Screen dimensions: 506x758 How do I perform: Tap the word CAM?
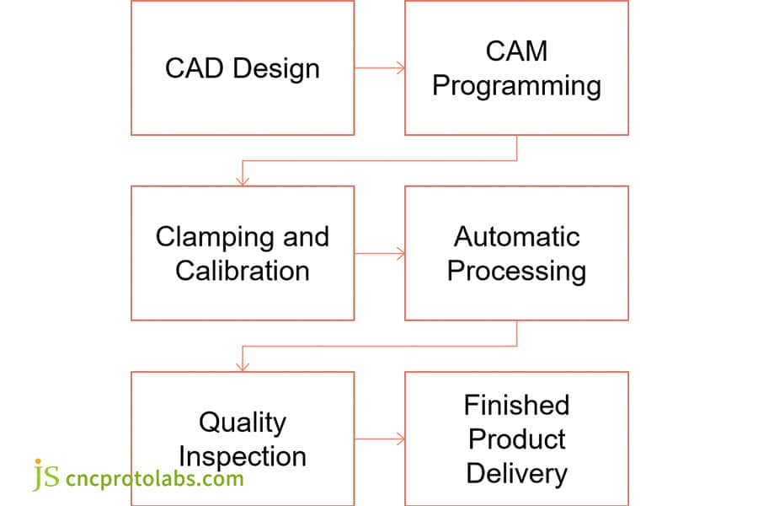pyautogui.click(x=516, y=51)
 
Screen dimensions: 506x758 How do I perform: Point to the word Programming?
pyautogui.click(x=516, y=86)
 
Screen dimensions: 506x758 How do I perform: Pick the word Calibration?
pyautogui.click(x=243, y=271)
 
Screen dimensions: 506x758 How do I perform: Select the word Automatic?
pyautogui.click(x=516, y=236)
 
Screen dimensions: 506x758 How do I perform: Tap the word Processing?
pyautogui.click(x=516, y=271)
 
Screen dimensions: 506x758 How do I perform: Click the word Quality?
pyautogui.click(x=243, y=422)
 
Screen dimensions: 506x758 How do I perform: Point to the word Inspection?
pyautogui.click(x=243, y=456)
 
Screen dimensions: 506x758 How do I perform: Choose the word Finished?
pyautogui.click(x=516, y=405)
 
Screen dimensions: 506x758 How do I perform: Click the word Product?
pyautogui.click(x=516, y=439)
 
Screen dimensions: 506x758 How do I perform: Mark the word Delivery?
pyautogui.click(x=516, y=473)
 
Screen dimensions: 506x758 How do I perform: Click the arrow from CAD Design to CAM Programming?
pyautogui.click(x=379, y=67)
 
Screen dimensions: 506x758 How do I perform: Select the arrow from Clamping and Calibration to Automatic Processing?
pyautogui.click(x=379, y=253)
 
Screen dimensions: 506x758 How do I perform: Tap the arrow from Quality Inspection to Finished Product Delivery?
pyautogui.click(x=379, y=439)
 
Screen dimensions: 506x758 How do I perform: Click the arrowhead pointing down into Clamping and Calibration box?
pyautogui.click(x=243, y=180)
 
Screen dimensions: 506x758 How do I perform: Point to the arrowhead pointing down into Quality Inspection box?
pyautogui.click(x=243, y=365)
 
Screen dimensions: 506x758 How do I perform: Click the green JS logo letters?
pyautogui.click(x=46, y=476)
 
